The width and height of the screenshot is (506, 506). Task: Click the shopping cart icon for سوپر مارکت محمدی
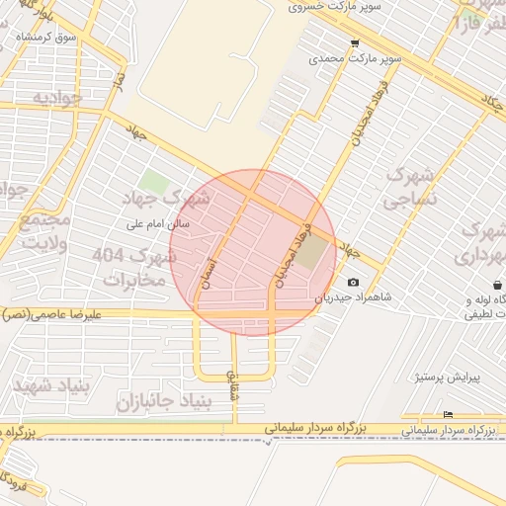tap(355, 43)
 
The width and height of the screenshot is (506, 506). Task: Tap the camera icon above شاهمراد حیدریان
tap(354, 283)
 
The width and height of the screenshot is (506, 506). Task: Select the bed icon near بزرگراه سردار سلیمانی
tap(449, 414)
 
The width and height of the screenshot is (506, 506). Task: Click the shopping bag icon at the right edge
tap(495, 285)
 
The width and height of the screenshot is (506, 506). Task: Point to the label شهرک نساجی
tap(408, 188)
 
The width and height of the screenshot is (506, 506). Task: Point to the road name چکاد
tap(490, 101)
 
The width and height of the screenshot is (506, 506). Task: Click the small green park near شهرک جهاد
tap(153, 183)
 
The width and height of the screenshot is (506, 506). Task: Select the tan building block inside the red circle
tap(311, 255)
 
